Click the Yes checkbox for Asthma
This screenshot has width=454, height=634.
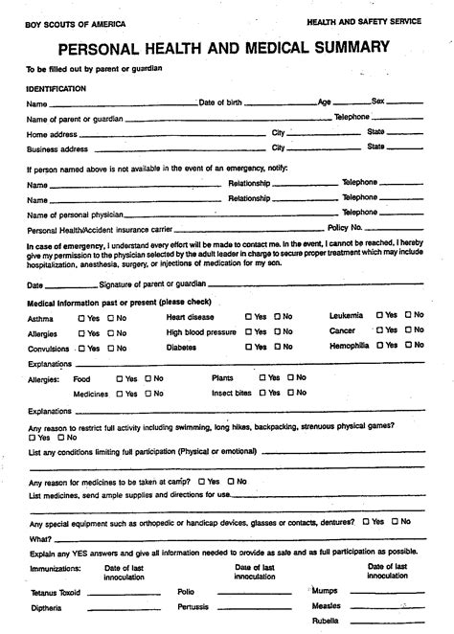pos(81,317)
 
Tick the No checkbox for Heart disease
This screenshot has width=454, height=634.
pos(276,316)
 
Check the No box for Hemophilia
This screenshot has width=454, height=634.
pos(409,344)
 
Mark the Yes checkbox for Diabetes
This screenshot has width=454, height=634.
pos(248,348)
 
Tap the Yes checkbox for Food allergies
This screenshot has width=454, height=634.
pos(120,378)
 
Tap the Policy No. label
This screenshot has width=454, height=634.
pos(345,228)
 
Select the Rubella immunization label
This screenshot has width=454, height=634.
pos(326,621)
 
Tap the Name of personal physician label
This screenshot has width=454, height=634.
pos(73,215)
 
